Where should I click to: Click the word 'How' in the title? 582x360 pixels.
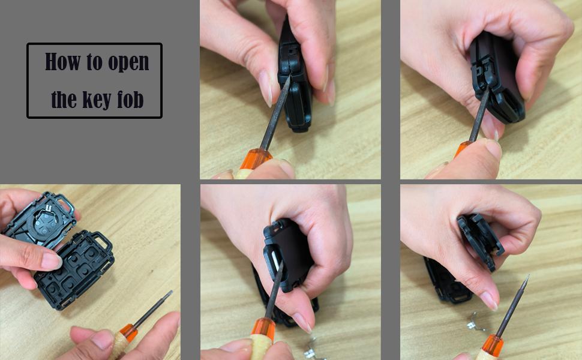click(64, 62)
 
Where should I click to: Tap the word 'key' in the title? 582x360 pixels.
click(97, 100)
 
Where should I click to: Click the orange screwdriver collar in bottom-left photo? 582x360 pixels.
click(128, 332)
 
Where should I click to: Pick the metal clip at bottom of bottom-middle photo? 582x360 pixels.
click(312, 348)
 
